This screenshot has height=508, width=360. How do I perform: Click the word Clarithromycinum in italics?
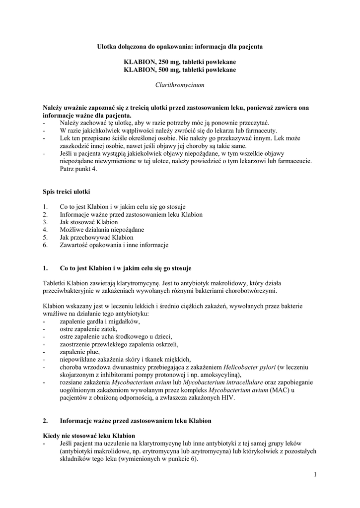click(180, 85)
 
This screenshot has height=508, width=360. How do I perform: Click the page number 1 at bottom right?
click(315, 475)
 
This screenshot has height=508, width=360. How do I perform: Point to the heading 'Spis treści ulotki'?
click(67, 191)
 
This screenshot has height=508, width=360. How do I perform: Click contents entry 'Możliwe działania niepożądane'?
click(102, 230)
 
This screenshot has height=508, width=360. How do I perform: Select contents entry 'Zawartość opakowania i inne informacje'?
click(114, 245)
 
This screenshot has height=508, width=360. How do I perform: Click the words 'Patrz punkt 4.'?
click(78, 169)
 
